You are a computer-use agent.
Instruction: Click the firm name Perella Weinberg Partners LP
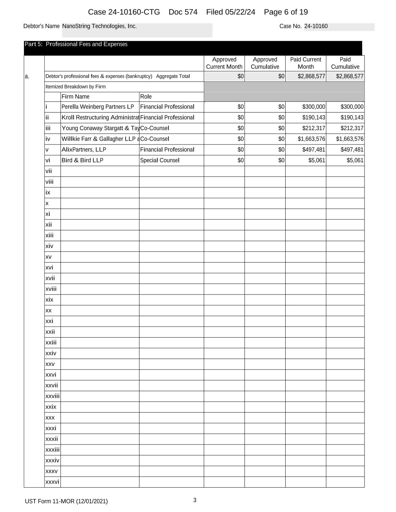tap(98, 107)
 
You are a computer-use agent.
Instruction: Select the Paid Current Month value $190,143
tap(313, 117)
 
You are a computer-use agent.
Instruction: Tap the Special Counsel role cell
tap(160, 161)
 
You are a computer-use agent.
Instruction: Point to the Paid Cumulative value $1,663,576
tap(349, 139)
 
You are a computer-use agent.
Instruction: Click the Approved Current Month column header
tap(224, 63)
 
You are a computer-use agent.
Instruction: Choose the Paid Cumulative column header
tap(345, 63)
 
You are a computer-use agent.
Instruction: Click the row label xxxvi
tap(52, 482)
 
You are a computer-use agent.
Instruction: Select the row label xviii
tap(51, 289)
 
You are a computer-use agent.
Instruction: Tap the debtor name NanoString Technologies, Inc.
tap(99, 26)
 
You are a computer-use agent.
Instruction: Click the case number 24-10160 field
tap(316, 26)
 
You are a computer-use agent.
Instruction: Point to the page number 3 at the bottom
tap(195, 500)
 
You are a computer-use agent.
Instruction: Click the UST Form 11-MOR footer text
tap(66, 501)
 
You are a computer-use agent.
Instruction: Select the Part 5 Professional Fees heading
tap(76, 44)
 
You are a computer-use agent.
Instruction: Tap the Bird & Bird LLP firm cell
tap(82, 161)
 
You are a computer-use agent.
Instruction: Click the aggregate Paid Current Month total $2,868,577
tap(311, 77)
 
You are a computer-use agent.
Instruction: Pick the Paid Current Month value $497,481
tap(313, 150)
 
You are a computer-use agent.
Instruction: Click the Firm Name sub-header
tap(75, 97)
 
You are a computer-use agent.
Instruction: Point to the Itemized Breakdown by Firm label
tap(75, 87)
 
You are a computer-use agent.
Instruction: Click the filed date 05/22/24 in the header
tap(230, 12)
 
